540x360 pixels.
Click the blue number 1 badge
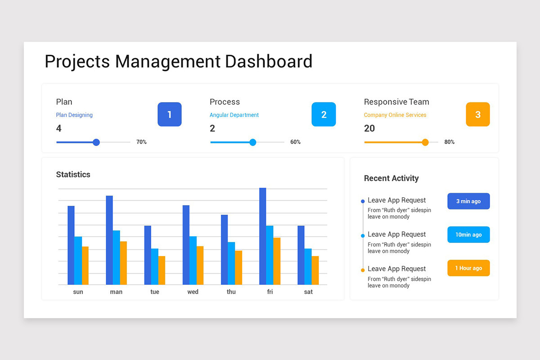pos(169,114)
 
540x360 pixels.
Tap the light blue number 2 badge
pos(324,114)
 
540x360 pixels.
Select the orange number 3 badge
pos(477,114)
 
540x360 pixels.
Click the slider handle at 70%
pos(96,142)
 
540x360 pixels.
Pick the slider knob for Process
pos(252,142)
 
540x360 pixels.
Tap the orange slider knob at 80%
pos(425,142)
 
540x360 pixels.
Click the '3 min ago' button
pos(468,201)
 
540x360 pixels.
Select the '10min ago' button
pos(468,234)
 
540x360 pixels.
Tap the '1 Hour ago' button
pos(468,268)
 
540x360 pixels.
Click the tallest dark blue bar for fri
pos(262,236)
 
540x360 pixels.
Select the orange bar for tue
pos(162,270)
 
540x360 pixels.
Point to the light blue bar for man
pos(116,257)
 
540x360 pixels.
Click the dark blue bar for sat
pos(301,255)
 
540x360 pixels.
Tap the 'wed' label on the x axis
pos(193,292)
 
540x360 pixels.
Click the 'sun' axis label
pos(78,292)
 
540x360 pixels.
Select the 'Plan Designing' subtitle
pos(74,115)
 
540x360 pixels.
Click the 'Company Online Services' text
pos(395,115)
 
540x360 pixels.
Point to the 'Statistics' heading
pos(73,175)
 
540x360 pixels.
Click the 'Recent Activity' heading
pos(391,178)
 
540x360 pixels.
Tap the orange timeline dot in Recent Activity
pos(363,270)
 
